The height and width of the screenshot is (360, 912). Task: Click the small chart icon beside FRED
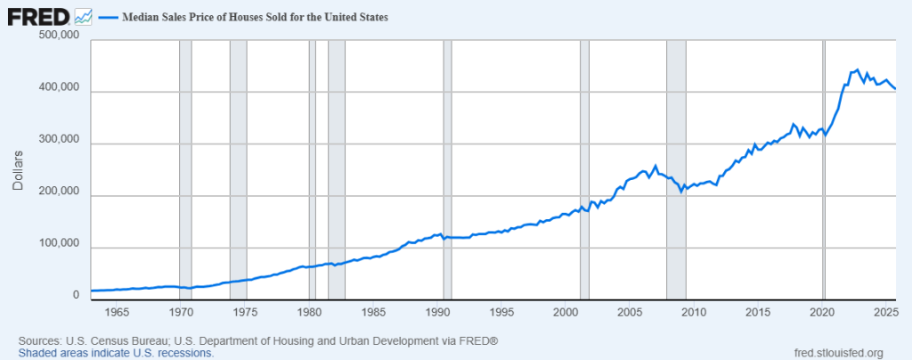point(84,16)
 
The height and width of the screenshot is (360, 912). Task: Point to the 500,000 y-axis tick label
point(61,37)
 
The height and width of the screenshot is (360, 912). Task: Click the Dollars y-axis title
point(17,169)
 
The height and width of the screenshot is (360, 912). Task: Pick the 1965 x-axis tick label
point(117,313)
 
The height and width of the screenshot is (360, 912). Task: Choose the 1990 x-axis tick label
point(437,313)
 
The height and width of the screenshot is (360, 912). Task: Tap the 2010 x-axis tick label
point(694,313)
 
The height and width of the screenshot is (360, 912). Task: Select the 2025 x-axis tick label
point(886,313)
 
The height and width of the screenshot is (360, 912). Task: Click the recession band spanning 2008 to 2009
point(676,169)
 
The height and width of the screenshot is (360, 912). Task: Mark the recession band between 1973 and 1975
point(238,169)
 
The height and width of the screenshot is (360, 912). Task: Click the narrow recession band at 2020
point(824,169)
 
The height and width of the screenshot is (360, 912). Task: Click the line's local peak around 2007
point(655,166)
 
